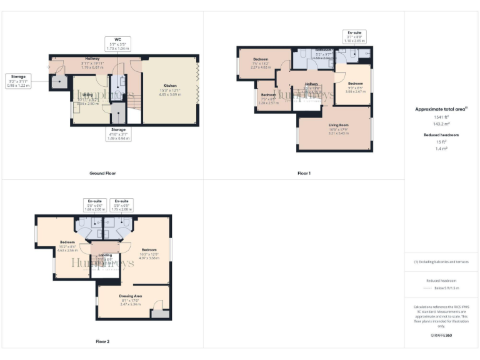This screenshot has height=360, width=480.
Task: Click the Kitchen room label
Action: coord(170,88)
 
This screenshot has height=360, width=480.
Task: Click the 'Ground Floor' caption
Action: coord(102,173)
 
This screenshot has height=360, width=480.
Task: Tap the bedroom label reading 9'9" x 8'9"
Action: coord(355,86)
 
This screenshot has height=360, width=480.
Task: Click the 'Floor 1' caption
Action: coord(304,173)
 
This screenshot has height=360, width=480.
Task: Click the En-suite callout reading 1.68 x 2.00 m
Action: coord(94,206)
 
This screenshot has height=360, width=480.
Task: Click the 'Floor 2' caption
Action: coord(102,342)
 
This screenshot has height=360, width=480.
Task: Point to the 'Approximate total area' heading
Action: coord(441,109)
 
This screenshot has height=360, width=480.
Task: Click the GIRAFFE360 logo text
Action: coord(441,336)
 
